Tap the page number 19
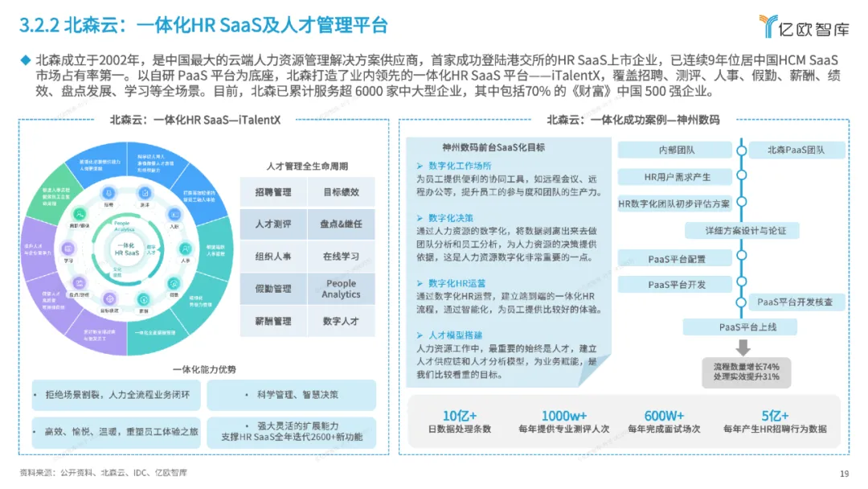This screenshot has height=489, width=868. tap(844, 473)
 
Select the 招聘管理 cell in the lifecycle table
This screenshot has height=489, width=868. tap(273, 193)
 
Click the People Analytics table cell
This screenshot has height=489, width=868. tap(341, 290)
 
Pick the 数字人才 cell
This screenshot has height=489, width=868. tap(341, 321)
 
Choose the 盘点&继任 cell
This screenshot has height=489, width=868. tap(341, 224)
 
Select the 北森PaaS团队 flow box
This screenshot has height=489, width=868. tap(795, 150)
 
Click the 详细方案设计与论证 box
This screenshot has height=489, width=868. tap(735, 231)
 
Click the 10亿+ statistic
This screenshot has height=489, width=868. tap(460, 415)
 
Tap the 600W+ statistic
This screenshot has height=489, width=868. tap(664, 415)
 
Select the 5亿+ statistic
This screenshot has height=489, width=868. tap(774, 415)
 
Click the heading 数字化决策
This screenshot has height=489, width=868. tap(451, 218)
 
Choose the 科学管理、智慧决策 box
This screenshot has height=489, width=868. tap(291, 395)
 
